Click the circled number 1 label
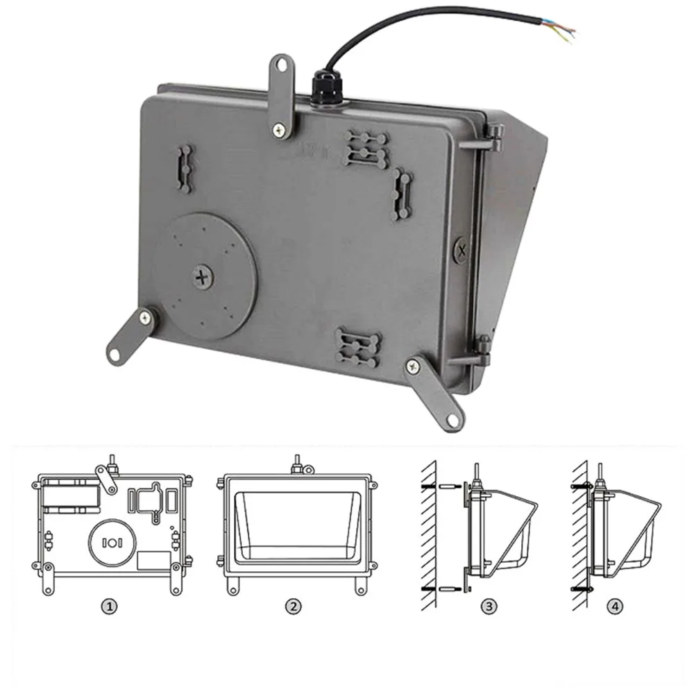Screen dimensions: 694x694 click(110, 606)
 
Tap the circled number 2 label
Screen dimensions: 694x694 click(293, 606)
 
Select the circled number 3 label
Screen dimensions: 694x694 click(489, 606)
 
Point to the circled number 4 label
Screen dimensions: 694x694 click(615, 606)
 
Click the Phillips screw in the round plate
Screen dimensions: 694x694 click(203, 278)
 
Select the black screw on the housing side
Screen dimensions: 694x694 click(462, 251)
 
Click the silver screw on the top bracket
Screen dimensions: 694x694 click(279, 130)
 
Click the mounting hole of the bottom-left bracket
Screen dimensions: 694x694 click(115, 354)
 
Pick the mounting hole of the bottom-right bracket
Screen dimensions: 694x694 click(452, 420)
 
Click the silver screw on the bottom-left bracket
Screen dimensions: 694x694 click(145, 317)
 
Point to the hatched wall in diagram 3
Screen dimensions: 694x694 click(428, 536)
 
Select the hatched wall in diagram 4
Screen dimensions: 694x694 click(579, 536)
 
